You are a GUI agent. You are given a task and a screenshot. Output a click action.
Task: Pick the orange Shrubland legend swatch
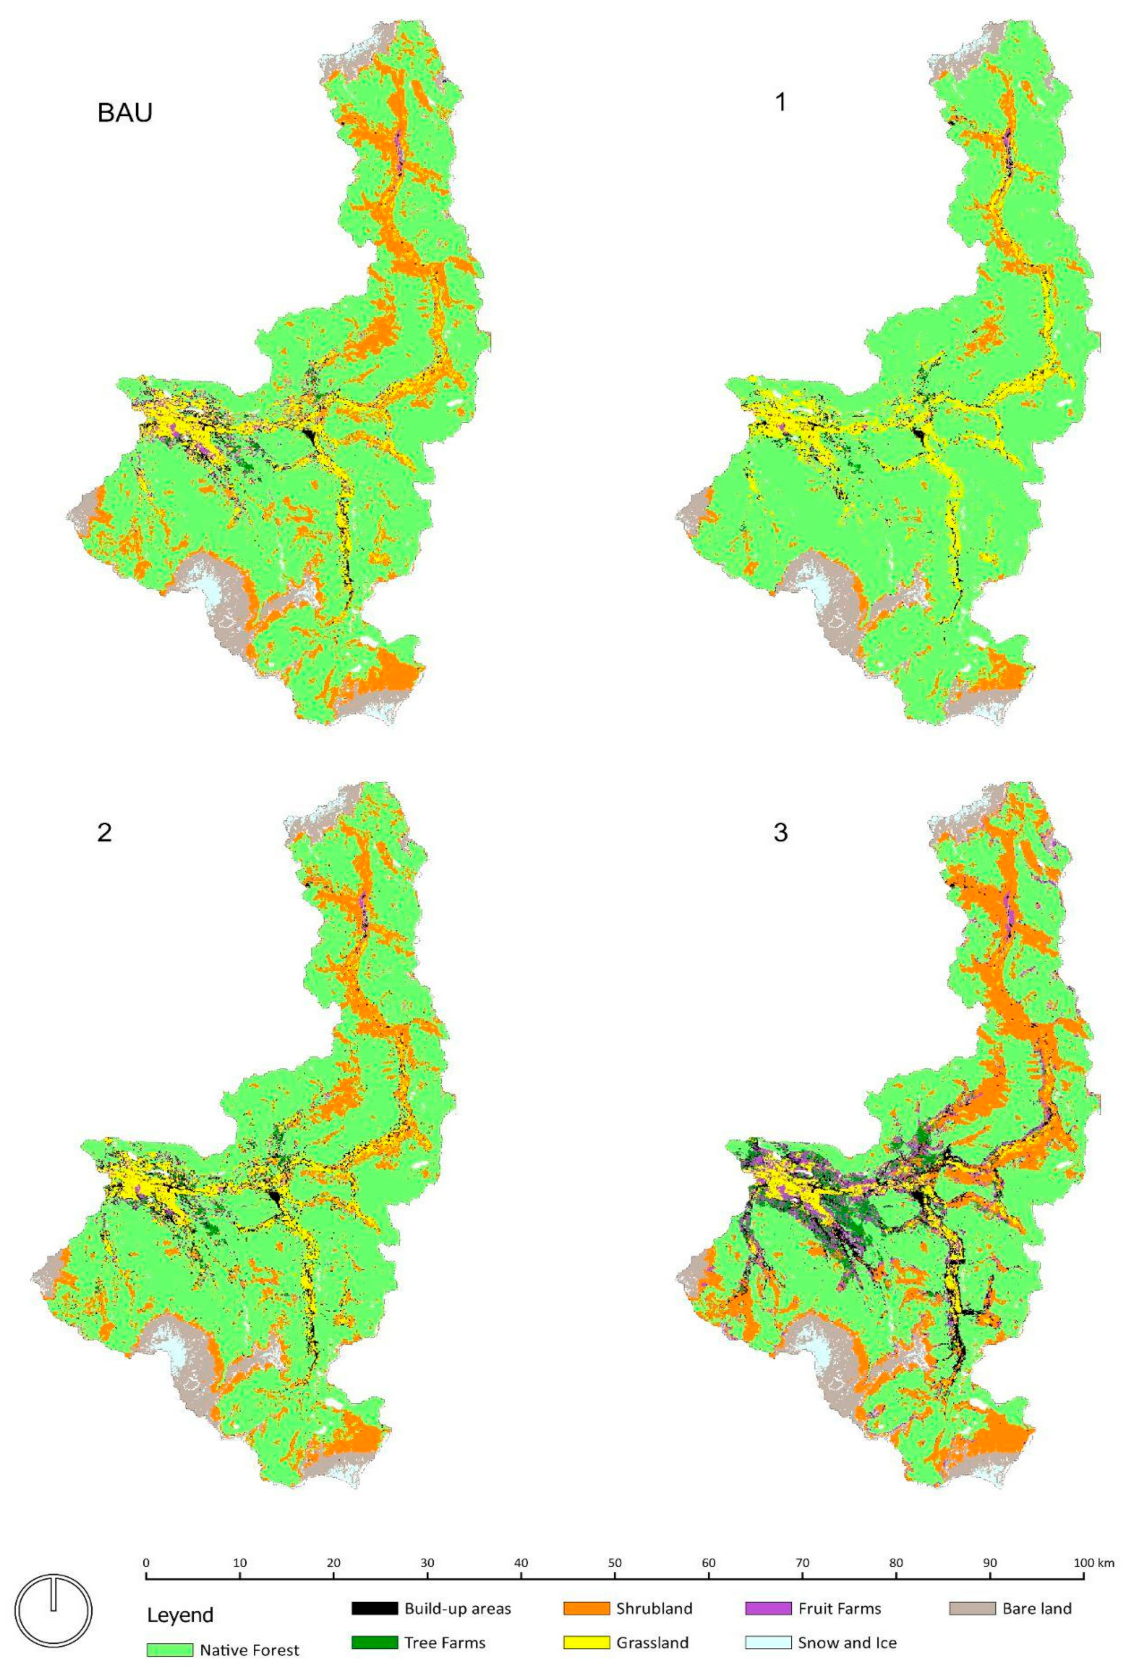tap(585, 1603)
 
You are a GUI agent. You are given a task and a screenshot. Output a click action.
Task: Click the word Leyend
tap(180, 1610)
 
